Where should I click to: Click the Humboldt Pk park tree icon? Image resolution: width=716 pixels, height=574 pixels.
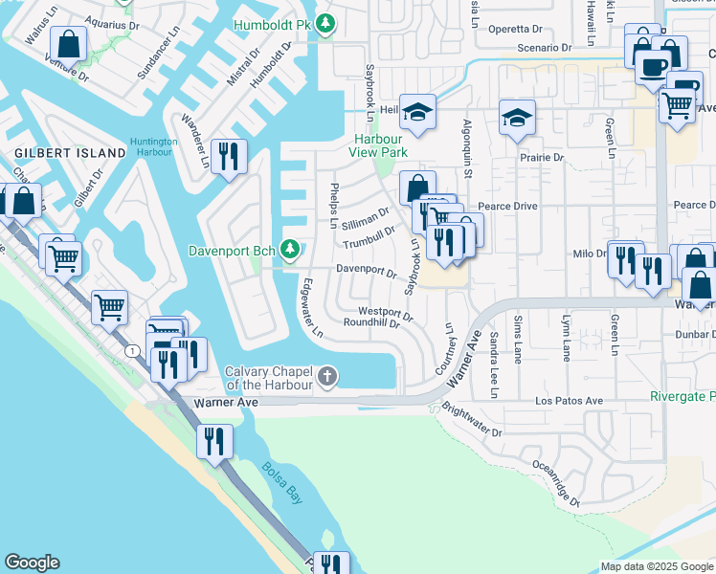coord(325,22)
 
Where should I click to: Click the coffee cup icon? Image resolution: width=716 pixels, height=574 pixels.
coord(654,66)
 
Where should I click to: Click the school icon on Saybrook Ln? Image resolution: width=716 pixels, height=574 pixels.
coord(417,112)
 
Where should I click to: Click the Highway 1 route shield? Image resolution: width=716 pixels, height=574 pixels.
coord(127,352)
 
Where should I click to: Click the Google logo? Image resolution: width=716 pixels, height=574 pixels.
coord(31,563)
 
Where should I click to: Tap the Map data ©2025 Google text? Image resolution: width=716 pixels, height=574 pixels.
coord(656,566)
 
